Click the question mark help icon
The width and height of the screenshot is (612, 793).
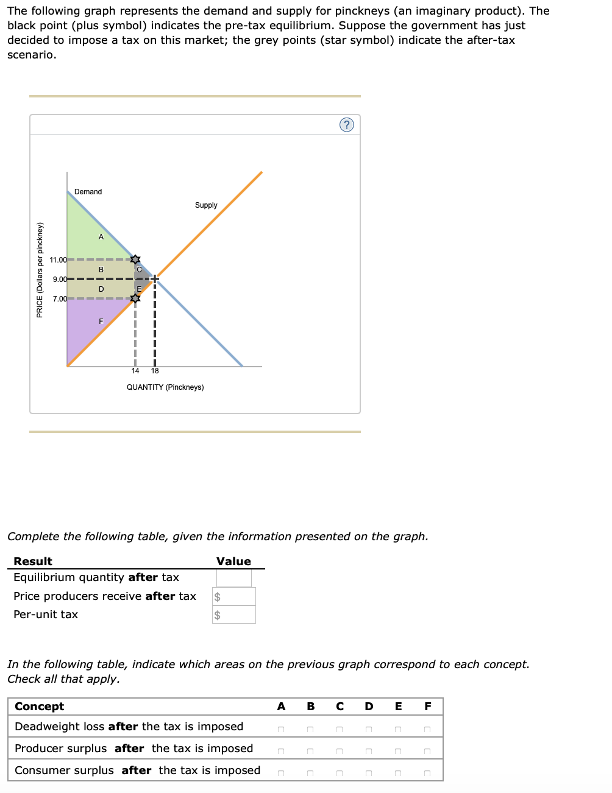click(346, 125)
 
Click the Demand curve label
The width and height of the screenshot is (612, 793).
click(88, 192)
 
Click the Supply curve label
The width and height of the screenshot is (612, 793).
click(206, 205)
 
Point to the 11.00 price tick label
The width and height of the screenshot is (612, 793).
click(59, 260)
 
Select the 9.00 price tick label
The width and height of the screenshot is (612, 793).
click(60, 280)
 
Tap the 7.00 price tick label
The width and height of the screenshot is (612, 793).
click(60, 299)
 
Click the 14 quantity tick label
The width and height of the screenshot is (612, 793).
click(135, 371)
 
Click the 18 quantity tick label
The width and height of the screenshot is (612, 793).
click(155, 371)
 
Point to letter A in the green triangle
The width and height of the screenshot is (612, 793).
click(101, 237)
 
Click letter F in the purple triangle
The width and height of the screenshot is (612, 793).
click(101, 321)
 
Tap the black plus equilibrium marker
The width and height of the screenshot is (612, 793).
click(155, 279)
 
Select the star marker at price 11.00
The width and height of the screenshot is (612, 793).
click(135, 260)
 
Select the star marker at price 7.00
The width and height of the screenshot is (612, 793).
click(135, 298)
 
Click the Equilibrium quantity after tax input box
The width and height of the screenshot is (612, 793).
click(233, 577)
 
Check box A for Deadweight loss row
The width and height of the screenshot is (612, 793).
click(281, 730)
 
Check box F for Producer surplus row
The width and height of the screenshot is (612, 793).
click(427, 752)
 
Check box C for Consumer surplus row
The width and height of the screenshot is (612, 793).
click(340, 774)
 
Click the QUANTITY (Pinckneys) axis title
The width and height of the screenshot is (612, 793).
click(165, 387)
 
